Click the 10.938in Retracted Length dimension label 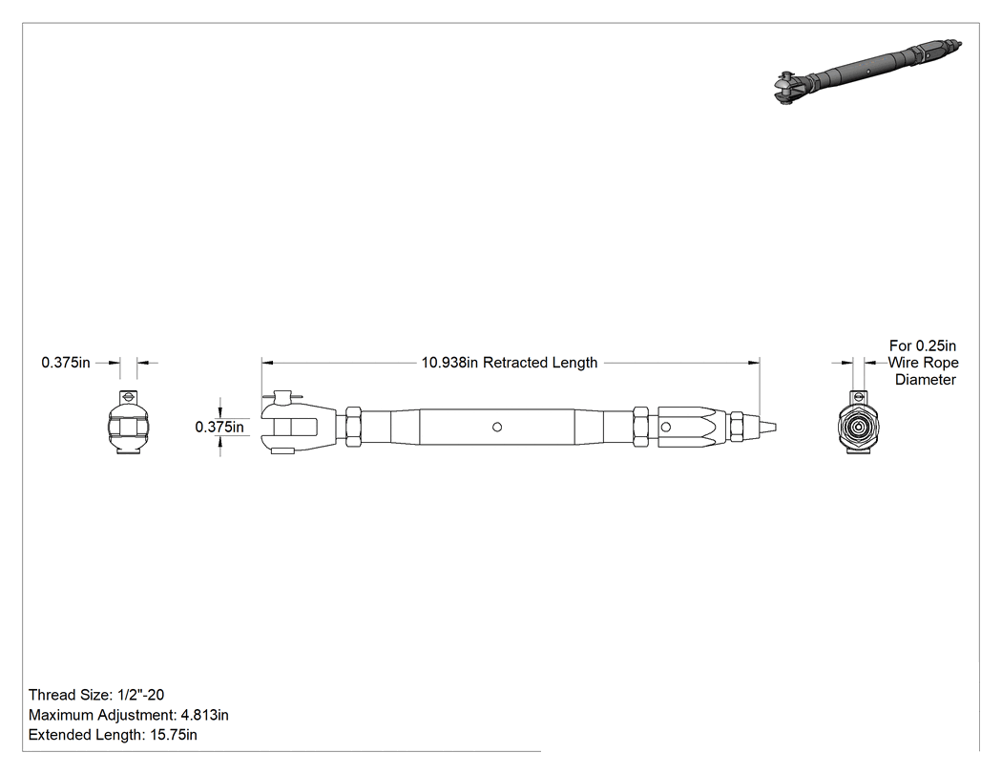coord(510,363)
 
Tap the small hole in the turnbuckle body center coord(497,427)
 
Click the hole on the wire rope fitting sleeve coord(666,427)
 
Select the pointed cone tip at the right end coord(768,427)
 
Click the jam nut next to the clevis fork coord(353,427)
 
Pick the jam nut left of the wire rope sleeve coord(641,427)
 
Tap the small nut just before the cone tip coord(738,427)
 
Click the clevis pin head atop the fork coord(282,398)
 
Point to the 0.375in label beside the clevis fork coord(219,427)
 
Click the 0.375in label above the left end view coord(66,363)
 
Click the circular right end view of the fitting coord(858,423)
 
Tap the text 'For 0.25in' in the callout coord(923,345)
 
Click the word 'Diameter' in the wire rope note coord(926,380)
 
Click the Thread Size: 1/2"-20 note coord(96,695)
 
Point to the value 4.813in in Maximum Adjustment coord(204,715)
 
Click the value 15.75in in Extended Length coord(174,735)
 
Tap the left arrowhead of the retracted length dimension coord(268,363)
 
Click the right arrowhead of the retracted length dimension coord(754,363)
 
